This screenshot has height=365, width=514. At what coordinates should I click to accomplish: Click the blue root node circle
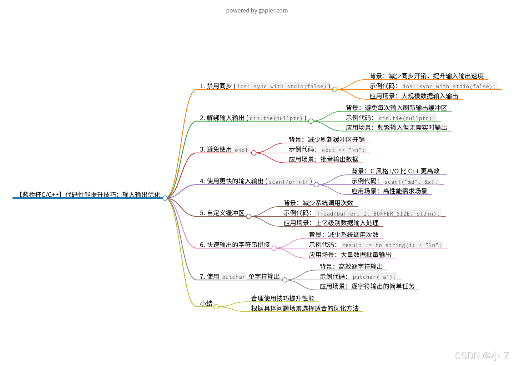click(x=165, y=198)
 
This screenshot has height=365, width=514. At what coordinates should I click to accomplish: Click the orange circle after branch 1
click(x=334, y=89)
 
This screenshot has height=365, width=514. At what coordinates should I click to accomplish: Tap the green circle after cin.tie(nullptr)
click(x=311, y=121)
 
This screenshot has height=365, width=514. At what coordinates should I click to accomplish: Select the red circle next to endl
click(x=253, y=153)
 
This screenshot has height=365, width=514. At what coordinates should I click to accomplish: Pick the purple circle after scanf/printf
click(x=316, y=184)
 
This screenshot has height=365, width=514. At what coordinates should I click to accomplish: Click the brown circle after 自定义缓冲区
click(x=248, y=216)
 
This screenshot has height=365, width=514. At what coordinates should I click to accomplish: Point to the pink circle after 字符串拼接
click(x=274, y=248)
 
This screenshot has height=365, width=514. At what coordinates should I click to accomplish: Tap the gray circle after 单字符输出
click(x=284, y=280)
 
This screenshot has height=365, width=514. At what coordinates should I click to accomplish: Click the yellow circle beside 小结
click(x=216, y=307)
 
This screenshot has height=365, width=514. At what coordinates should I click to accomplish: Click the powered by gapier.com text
click(x=257, y=11)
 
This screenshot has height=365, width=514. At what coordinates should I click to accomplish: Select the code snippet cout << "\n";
click(x=343, y=150)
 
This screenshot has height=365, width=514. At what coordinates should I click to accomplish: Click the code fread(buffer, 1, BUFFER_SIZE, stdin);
click(x=378, y=213)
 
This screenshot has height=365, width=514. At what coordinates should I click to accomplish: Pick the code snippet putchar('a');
click(x=374, y=277)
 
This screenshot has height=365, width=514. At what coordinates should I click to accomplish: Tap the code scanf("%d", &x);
click(x=411, y=182)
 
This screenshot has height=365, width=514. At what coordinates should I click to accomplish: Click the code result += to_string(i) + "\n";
click(x=392, y=245)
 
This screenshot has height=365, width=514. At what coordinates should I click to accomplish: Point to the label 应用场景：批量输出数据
click(x=323, y=159)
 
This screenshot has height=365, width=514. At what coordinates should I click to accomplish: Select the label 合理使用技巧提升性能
click(x=283, y=299)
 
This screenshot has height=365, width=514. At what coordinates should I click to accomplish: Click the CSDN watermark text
click(x=482, y=356)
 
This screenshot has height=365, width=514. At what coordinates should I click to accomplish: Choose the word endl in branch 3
click(x=241, y=150)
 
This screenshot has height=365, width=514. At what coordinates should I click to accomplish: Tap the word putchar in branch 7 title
click(x=233, y=277)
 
